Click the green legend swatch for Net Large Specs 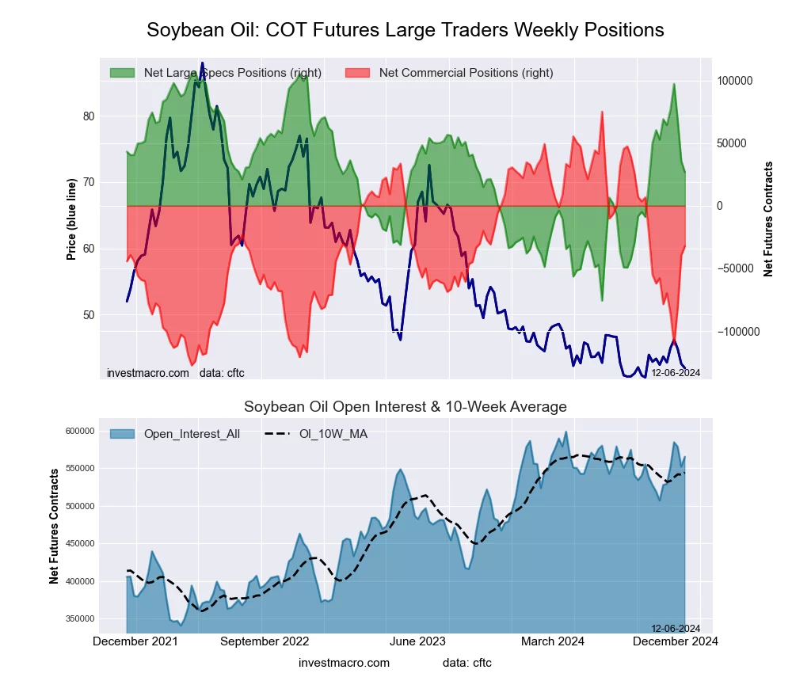point(122,73)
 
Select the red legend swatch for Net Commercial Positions point(358,73)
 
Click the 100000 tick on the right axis point(734,82)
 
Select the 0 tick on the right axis point(720,207)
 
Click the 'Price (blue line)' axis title point(71,219)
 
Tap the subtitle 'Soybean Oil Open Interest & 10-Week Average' point(405,407)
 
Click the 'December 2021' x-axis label point(135,641)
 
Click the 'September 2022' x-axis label point(264,641)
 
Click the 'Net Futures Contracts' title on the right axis point(768,219)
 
